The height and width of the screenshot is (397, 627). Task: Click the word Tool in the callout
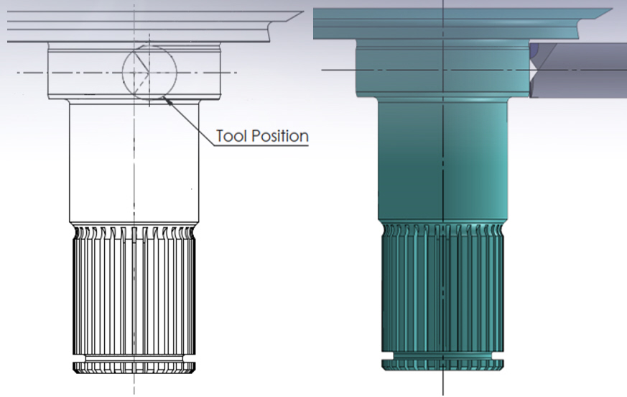(231, 135)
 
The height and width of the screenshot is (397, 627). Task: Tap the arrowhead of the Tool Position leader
(167, 99)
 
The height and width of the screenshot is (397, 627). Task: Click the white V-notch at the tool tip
(535, 72)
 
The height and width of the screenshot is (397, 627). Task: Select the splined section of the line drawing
(134, 295)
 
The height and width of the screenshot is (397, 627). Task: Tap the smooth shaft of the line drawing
(134, 165)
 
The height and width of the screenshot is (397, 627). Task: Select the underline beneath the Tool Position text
(262, 145)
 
